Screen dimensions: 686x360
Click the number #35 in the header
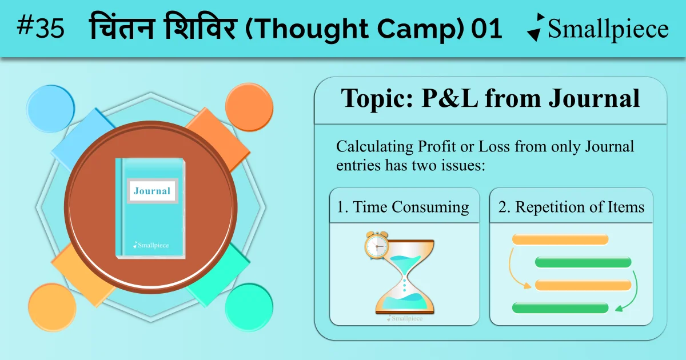[x=41, y=27]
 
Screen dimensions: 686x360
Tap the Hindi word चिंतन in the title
[x=122, y=26]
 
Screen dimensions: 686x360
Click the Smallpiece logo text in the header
[x=608, y=29]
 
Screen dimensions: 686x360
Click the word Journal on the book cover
[x=152, y=191]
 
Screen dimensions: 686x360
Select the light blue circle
[x=50, y=109]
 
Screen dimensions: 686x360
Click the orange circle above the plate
[x=249, y=107]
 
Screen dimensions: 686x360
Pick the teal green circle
[x=249, y=307]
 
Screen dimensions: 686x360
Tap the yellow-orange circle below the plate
[x=52, y=307]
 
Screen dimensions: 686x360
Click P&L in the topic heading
[x=449, y=98]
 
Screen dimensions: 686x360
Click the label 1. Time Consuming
[x=403, y=207]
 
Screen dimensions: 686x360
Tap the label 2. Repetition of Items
[x=571, y=207]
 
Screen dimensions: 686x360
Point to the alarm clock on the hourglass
[x=377, y=245]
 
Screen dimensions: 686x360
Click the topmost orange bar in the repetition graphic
[x=560, y=239]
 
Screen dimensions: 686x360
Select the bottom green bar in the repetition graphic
[x=560, y=307]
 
